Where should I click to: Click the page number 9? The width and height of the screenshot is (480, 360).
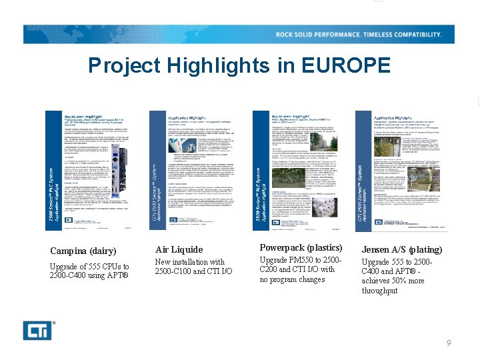(x=449, y=343)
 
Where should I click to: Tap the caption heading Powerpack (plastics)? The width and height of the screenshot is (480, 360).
(x=300, y=247)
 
